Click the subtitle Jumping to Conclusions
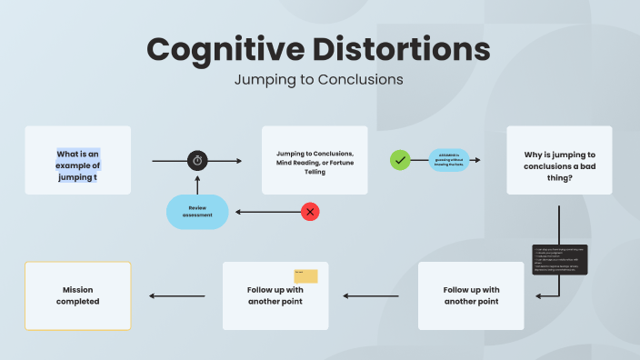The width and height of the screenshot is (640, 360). click(x=318, y=79)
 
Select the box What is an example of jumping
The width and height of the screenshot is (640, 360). click(x=78, y=160)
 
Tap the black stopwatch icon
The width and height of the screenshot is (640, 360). click(x=198, y=161)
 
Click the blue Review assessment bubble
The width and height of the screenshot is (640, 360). click(x=197, y=212)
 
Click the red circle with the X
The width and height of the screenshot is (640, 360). click(x=311, y=212)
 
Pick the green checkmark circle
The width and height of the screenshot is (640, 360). click(x=399, y=160)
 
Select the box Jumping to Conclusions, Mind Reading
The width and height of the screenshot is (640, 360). click(x=315, y=160)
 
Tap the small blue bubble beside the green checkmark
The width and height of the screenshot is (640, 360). click(x=448, y=160)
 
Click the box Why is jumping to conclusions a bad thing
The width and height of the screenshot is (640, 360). click(x=559, y=160)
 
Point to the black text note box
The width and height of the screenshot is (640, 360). click(x=560, y=259)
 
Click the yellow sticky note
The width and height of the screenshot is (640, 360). click(x=305, y=275)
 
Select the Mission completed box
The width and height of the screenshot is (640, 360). click(x=78, y=295)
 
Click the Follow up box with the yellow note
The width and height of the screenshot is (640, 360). click(x=275, y=295)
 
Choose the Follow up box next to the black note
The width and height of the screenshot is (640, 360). click(x=471, y=295)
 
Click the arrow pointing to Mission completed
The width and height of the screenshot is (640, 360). click(x=177, y=295)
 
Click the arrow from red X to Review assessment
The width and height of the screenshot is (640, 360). click(x=266, y=212)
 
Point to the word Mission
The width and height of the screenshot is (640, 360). click(x=78, y=289)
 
